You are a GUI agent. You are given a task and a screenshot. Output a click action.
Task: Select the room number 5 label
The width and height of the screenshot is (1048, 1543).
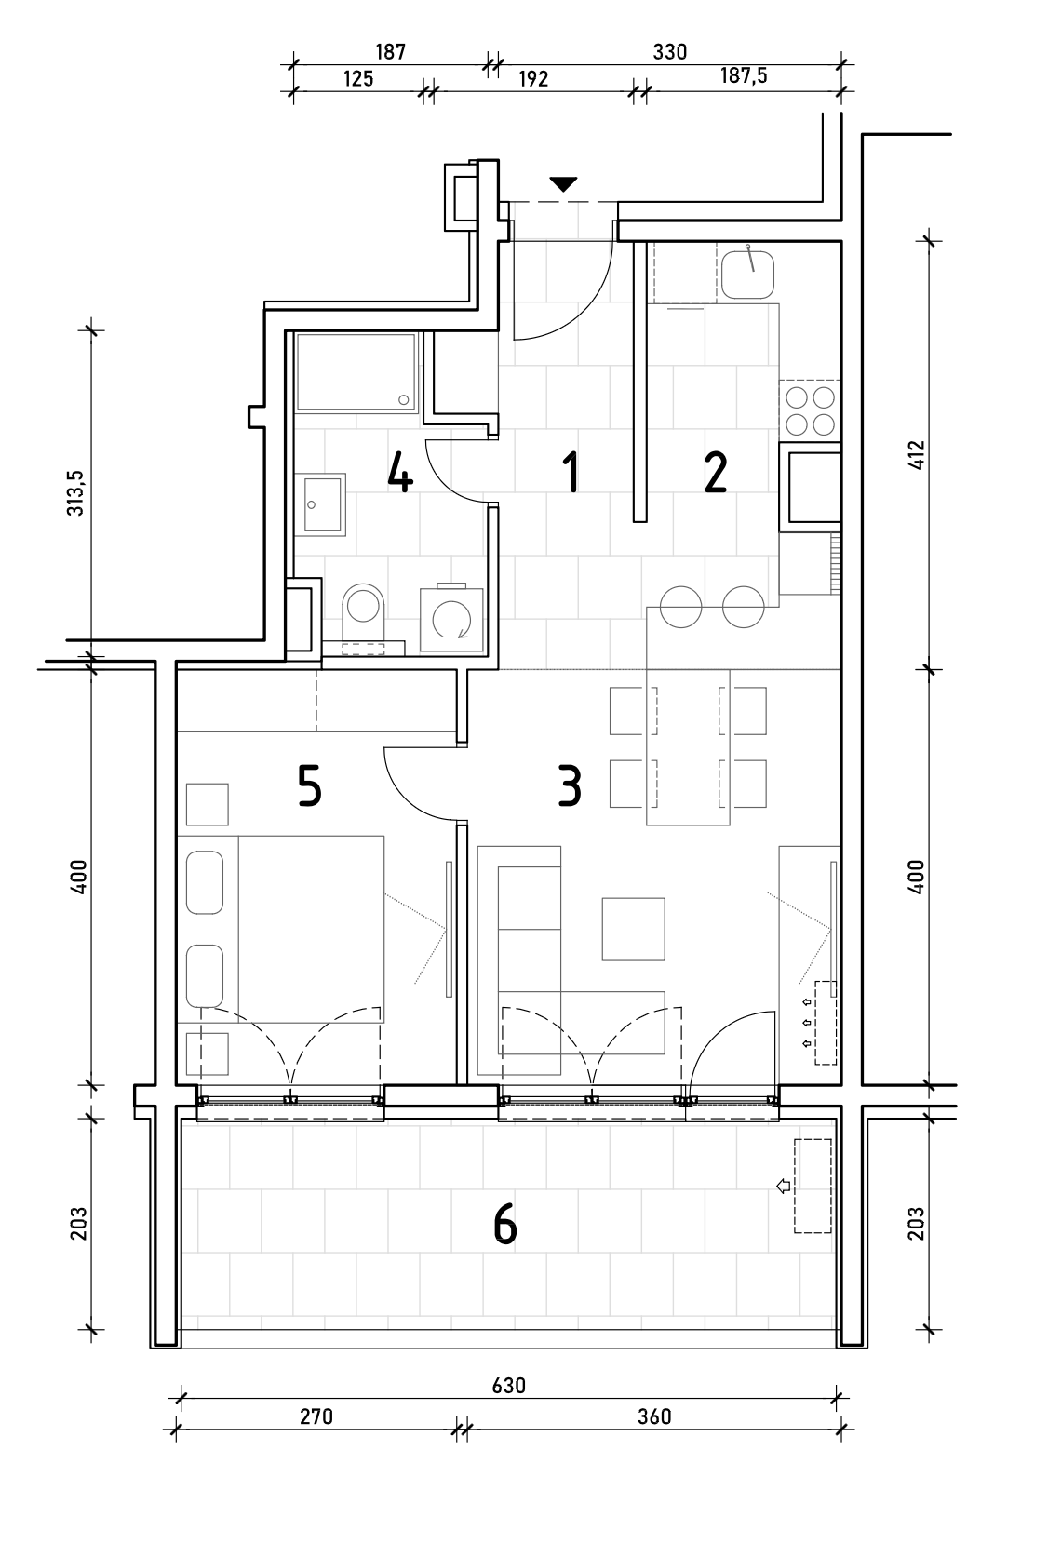pyautogui.click(x=309, y=785)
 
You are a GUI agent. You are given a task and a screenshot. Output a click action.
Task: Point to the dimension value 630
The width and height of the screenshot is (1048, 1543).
pyautogui.click(x=508, y=1385)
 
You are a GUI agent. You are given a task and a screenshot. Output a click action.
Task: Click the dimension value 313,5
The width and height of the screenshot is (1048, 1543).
pyautogui.click(x=75, y=492)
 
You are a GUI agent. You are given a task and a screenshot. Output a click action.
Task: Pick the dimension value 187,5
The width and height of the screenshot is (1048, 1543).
pyautogui.click(x=744, y=75)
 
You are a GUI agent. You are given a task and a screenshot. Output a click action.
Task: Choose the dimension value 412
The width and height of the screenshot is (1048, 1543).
pyautogui.click(x=917, y=455)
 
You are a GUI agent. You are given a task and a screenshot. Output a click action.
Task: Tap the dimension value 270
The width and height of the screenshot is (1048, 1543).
pyautogui.click(x=316, y=1416)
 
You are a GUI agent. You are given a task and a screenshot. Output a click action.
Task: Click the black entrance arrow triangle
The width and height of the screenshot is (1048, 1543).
pyautogui.click(x=563, y=184)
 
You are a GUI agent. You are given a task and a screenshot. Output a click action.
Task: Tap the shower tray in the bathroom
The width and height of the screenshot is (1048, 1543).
pyautogui.click(x=356, y=372)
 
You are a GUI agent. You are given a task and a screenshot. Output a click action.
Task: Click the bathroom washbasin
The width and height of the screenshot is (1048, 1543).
pyautogui.click(x=320, y=505)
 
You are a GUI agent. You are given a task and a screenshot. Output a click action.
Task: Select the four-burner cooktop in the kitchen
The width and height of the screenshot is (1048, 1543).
pyautogui.click(x=810, y=410)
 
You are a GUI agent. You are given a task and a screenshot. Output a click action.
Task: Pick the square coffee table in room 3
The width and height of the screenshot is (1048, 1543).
pyautogui.click(x=633, y=929)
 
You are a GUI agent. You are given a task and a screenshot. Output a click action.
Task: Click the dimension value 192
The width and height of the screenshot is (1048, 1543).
pyautogui.click(x=533, y=78)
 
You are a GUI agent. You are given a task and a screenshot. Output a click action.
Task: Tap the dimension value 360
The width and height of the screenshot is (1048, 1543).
pyautogui.click(x=654, y=1416)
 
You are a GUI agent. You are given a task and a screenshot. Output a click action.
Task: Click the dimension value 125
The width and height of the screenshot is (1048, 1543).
pyautogui.click(x=357, y=78)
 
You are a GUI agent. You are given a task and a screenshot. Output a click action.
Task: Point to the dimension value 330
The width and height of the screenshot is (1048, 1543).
pyautogui.click(x=669, y=52)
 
